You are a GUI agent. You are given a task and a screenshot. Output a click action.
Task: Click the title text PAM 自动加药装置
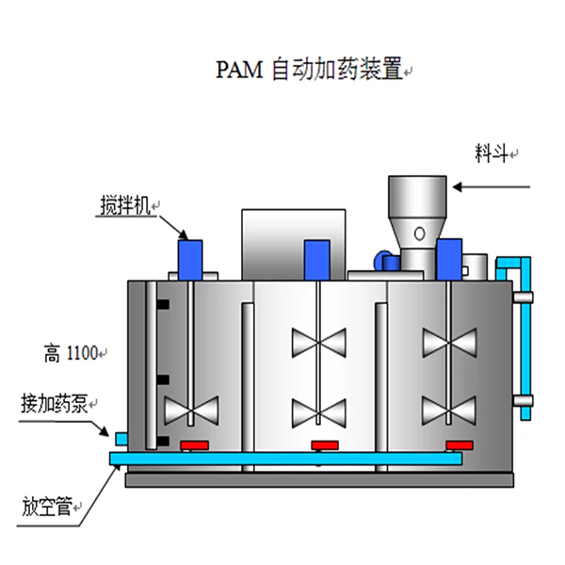(x=310, y=70)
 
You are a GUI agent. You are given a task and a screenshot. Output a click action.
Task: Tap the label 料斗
(x=492, y=153)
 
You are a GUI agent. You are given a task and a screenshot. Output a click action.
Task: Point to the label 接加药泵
(x=52, y=405)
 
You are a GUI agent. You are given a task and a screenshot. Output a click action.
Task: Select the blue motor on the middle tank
(x=316, y=257)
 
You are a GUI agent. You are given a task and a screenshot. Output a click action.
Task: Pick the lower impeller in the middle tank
(x=319, y=411)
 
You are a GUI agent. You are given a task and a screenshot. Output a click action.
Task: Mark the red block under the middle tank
(x=325, y=444)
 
